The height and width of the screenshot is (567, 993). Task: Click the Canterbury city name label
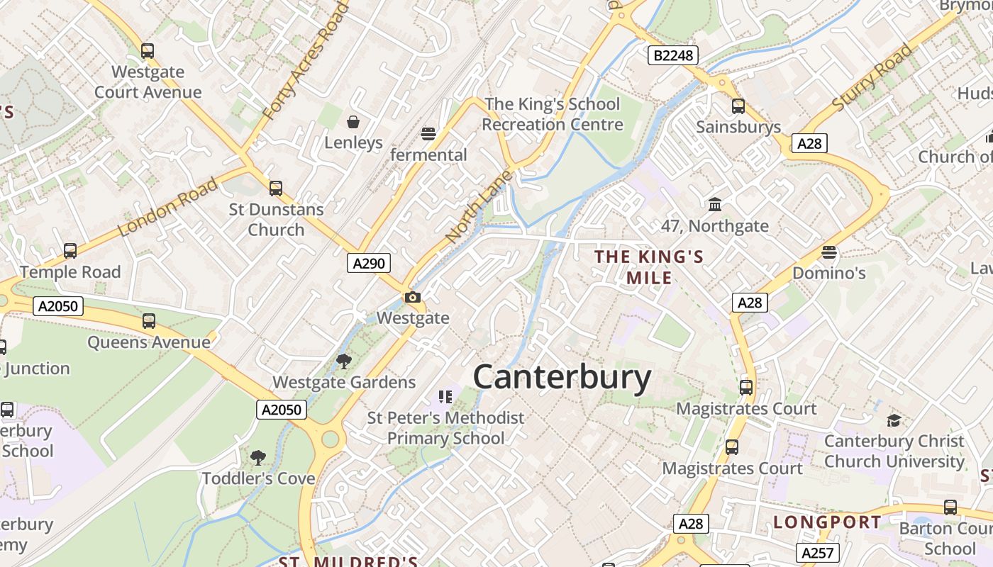coord(562,377)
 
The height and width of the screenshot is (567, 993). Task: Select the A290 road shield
coord(369,264)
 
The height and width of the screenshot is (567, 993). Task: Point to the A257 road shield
coord(818,553)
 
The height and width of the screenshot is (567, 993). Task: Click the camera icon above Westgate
coord(413,298)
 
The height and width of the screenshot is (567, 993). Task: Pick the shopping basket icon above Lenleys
coord(353,122)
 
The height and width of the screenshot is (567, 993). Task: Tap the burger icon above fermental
coord(428,134)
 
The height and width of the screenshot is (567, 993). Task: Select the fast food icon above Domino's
coord(828,252)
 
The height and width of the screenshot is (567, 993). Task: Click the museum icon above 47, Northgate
coord(715,205)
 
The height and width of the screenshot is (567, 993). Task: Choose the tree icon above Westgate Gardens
coord(344,361)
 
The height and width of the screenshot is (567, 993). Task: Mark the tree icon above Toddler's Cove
coord(258,458)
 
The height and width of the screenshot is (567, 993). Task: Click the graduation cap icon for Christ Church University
coord(894,420)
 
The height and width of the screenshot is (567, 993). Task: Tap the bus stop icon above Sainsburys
coord(738,106)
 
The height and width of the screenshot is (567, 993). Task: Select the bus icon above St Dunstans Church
coord(276,189)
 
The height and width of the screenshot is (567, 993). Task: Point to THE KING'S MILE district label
coord(649,266)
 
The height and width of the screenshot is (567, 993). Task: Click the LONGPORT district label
coord(827,523)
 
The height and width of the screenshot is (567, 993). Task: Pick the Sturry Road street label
coord(872,77)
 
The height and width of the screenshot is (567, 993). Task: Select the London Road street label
coord(168,208)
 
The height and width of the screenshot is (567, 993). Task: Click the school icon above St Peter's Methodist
coord(445,397)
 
